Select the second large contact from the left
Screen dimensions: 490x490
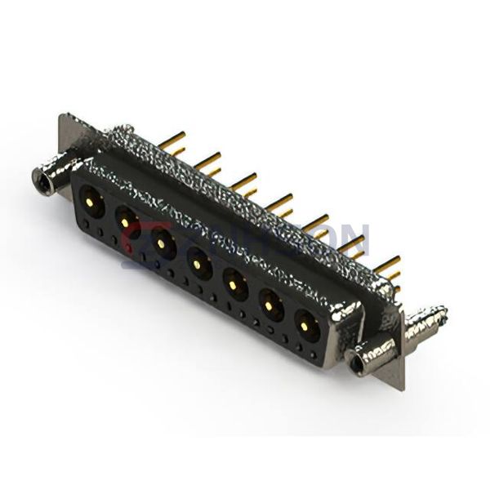pyautogui.click(x=125, y=218)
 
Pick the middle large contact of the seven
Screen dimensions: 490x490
pyautogui.click(x=198, y=262)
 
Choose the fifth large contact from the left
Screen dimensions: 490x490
pyautogui.click(x=234, y=283)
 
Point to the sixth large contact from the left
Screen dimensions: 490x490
pyautogui.click(x=270, y=305)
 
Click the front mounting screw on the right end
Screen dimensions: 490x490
pyautogui.click(x=359, y=360)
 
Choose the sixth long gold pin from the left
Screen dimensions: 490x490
pyautogui.click(x=353, y=242)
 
